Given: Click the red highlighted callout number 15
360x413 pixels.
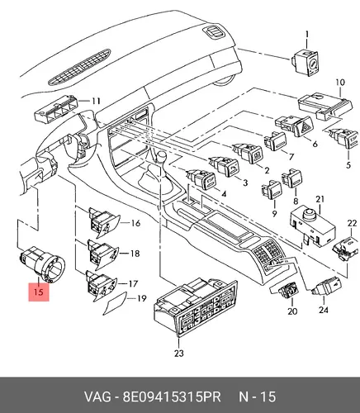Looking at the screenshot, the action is [39, 292].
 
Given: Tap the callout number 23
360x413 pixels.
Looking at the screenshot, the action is [179, 354].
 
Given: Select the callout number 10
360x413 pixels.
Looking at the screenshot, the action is [340, 83].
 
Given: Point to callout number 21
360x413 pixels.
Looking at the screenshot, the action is [320, 199].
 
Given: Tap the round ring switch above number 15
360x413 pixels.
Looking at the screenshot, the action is [43, 264].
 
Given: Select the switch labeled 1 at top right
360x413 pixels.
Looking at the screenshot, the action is [305, 63].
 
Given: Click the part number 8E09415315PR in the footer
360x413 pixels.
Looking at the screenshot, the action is [172, 396].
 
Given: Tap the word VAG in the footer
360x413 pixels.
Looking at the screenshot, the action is [97, 396].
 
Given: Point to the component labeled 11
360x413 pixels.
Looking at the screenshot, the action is [56, 109].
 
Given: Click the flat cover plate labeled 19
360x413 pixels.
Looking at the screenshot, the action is [115, 303].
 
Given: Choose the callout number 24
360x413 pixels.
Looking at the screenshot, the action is [324, 310].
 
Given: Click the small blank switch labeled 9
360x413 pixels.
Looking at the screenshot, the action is [272, 190].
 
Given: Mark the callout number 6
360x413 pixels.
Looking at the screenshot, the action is [315, 144].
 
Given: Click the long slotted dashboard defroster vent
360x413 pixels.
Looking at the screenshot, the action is [79, 67].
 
